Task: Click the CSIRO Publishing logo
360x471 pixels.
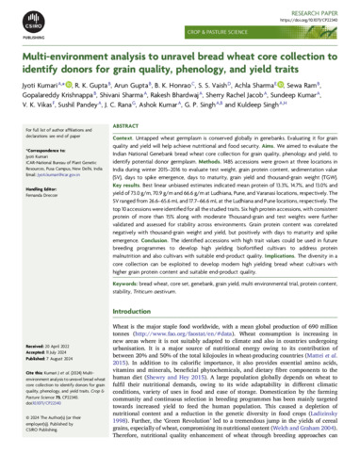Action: pyautogui.click(x=25, y=27)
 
